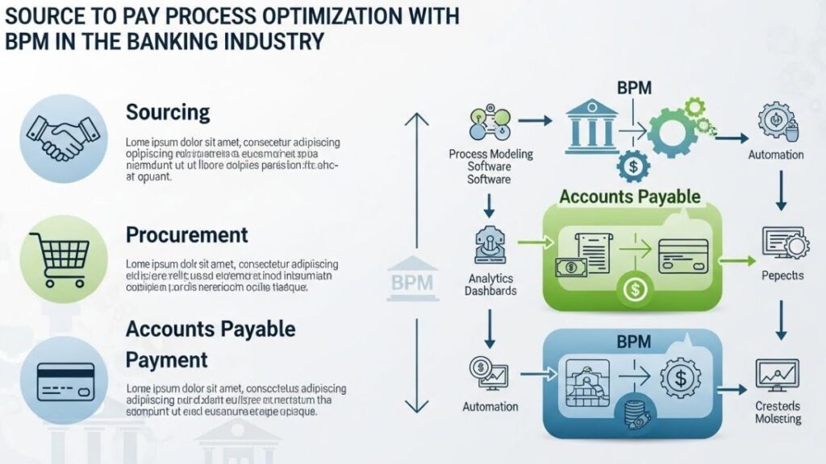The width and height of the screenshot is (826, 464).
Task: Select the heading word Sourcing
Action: [168, 112]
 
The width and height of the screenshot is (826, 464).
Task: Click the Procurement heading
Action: [186, 235]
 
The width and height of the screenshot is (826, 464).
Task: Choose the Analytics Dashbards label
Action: [490, 284]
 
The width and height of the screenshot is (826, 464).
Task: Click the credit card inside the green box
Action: [683, 255]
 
